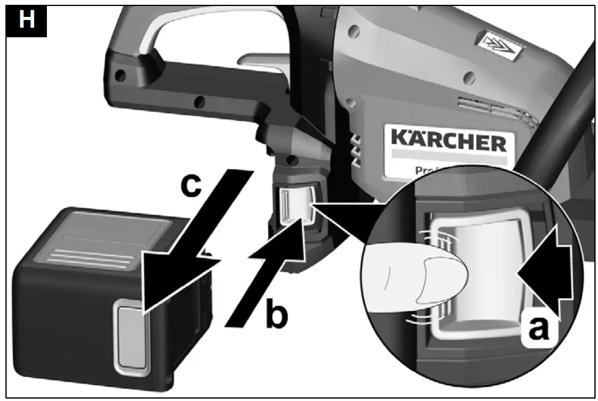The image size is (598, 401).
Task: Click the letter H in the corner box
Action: [x=26, y=20]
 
